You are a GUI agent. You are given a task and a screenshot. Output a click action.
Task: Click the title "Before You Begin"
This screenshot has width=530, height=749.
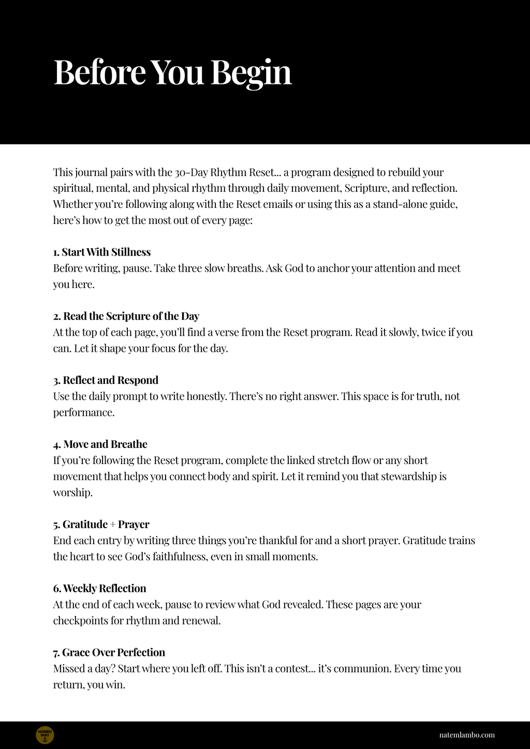tap(172, 72)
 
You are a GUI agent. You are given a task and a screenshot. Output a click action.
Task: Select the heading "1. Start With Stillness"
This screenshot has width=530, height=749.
tap(102, 252)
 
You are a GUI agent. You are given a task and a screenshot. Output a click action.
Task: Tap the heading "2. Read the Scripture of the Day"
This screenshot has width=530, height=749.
tap(126, 316)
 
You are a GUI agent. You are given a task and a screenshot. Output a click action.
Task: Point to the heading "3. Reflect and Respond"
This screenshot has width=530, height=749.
tap(106, 380)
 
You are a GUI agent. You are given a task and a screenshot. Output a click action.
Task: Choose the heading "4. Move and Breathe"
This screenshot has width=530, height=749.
tap(100, 444)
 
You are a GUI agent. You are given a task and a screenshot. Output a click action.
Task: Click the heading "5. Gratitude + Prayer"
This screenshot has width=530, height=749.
tap(101, 524)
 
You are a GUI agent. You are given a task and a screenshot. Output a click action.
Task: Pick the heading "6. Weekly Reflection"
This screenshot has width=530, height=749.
tap(99, 588)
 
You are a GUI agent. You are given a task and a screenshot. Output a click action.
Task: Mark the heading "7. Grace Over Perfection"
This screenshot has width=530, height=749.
tap(109, 652)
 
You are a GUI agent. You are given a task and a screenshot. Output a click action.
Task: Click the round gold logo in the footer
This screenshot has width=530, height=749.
tap(45, 735)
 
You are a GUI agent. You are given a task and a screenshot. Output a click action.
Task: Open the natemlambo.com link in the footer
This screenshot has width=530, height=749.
tap(466, 735)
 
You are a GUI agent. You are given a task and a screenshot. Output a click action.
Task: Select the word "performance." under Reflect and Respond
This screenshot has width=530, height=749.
tap(83, 413)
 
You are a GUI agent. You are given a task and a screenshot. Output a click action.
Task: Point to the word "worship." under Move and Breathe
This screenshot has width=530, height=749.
tap(73, 493)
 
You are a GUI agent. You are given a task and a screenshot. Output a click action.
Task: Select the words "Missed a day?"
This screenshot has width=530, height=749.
tap(84, 669)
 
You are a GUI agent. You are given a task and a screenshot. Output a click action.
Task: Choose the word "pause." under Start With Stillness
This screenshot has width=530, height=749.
tap(137, 268)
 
